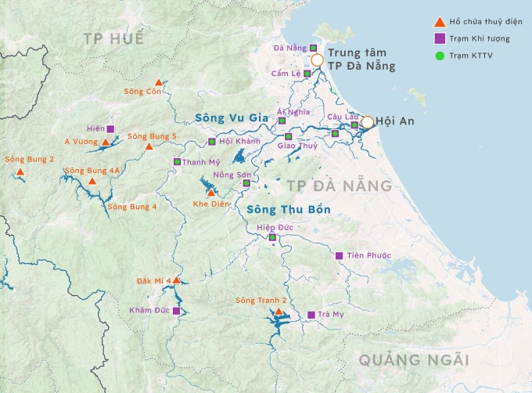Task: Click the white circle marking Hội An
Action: pos(367,122)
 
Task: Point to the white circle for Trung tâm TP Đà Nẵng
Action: pos(317,59)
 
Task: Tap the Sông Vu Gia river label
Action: pos(226,118)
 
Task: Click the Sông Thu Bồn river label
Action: pos(288,210)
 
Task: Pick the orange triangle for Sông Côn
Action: pos(159,82)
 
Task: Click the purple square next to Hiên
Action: pos(110,128)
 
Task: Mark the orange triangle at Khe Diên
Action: pos(210,192)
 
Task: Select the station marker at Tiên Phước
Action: pos(339,255)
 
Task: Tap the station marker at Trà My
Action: pos(311,315)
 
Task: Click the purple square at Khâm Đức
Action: pos(176,311)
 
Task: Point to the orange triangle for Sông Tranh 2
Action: pos(279,311)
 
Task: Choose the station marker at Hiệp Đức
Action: pos(272,237)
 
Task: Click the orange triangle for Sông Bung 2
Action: pos(20,171)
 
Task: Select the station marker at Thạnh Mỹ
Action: pos(177,162)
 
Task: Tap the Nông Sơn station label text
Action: pos(232,174)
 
